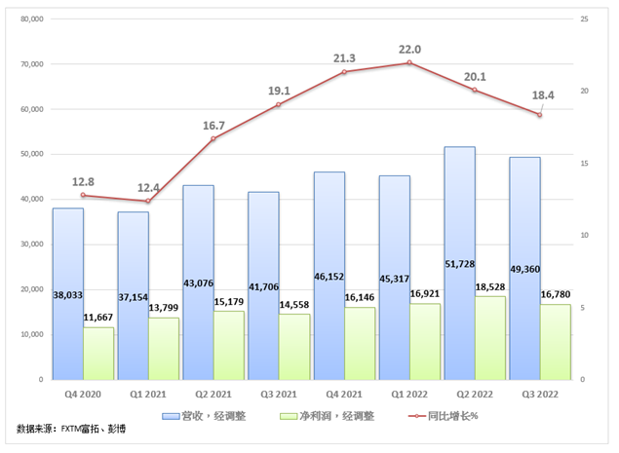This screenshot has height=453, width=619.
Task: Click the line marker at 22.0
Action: [409, 62]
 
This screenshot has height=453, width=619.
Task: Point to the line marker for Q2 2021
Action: [213, 139]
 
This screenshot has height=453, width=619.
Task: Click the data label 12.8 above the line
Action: [83, 181]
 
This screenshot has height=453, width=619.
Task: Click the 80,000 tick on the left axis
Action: [31, 19]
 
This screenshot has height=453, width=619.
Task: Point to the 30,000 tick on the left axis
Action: [31, 245]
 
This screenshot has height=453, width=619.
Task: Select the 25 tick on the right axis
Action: [583, 19]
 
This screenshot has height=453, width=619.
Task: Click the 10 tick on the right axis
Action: [583, 235]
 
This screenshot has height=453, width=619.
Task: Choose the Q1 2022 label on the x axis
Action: [409, 395]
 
